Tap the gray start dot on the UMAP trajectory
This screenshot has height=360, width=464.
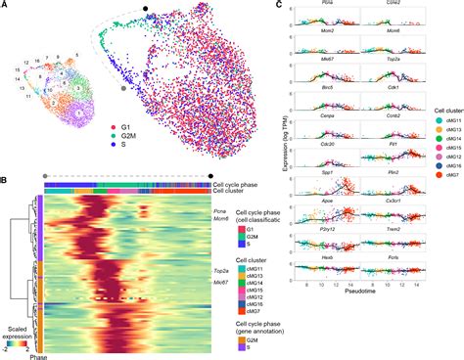click(x=121, y=88)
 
